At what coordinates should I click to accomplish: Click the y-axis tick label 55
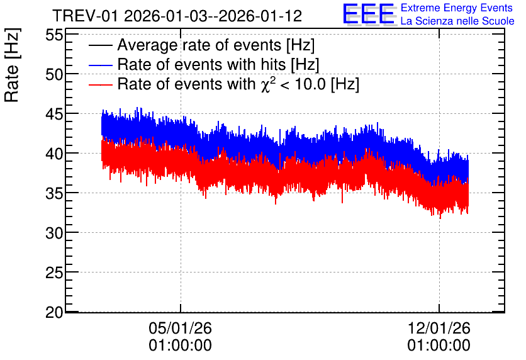[x=54, y=35]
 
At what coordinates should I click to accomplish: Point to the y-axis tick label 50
[x=54, y=74]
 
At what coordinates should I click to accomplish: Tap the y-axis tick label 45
[x=54, y=114]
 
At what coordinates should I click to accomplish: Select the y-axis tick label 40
[x=54, y=154]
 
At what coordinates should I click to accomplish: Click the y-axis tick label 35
[x=54, y=193]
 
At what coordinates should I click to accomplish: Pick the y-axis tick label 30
[x=54, y=233]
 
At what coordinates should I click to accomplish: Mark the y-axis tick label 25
[x=54, y=273]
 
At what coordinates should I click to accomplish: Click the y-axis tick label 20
[x=54, y=312]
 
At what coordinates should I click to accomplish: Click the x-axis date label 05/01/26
[x=180, y=328]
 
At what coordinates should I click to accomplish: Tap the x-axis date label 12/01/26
[x=439, y=328]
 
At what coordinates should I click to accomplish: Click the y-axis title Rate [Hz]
[x=12, y=65]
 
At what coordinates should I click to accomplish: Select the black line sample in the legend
[x=100, y=45]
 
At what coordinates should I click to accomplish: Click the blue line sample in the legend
[x=100, y=65]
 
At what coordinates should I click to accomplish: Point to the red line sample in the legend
[x=100, y=84]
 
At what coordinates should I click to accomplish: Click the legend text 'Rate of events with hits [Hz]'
[x=218, y=64]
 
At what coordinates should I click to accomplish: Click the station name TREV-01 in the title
[x=85, y=16]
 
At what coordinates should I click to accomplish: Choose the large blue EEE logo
[x=369, y=14]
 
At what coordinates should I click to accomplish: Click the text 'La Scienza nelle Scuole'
[x=457, y=21]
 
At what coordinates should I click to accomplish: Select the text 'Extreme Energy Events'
[x=457, y=8]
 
